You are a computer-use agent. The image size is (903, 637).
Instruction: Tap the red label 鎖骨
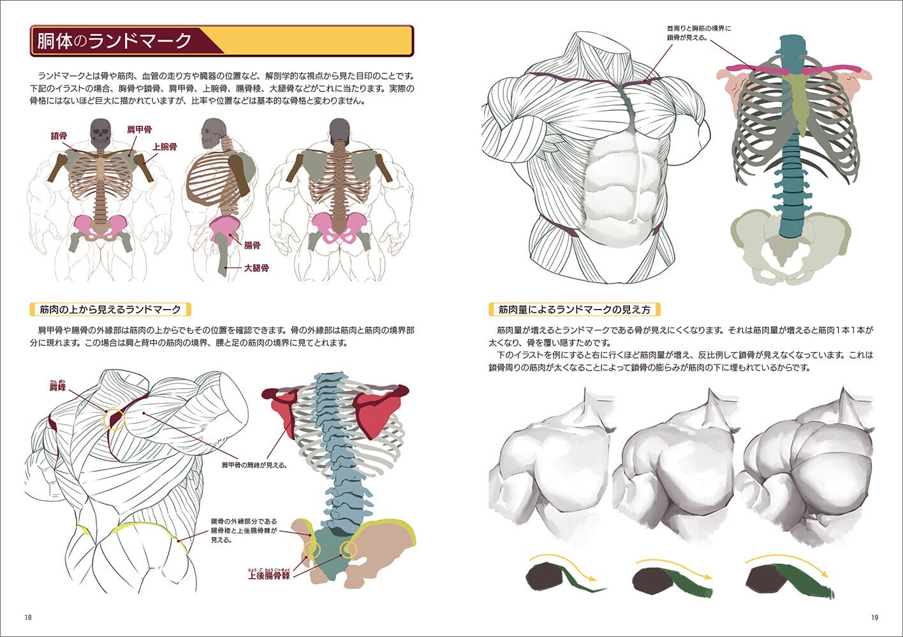[x=59, y=136]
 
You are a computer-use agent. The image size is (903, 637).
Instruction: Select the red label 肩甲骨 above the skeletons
[x=140, y=130]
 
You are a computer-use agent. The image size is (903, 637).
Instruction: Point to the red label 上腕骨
[x=165, y=147]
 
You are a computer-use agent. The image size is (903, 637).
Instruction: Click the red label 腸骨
[x=252, y=245]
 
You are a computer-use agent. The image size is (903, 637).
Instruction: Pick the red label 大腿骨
[x=256, y=268]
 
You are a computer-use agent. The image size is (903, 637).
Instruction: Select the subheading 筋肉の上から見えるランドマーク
[x=110, y=310]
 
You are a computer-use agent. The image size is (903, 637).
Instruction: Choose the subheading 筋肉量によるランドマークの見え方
[x=574, y=310]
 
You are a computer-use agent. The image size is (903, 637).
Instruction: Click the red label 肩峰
[x=57, y=387]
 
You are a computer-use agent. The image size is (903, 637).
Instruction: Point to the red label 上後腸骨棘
[x=268, y=575]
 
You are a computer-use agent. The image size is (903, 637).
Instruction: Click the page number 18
[x=28, y=617]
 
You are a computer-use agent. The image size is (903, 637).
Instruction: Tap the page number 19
[x=874, y=617]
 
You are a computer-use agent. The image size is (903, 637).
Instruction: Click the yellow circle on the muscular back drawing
[x=115, y=419]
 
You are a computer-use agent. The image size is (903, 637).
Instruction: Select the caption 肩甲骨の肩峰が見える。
[x=254, y=465]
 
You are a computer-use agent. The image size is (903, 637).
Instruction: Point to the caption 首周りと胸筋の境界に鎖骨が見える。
[x=699, y=33]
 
